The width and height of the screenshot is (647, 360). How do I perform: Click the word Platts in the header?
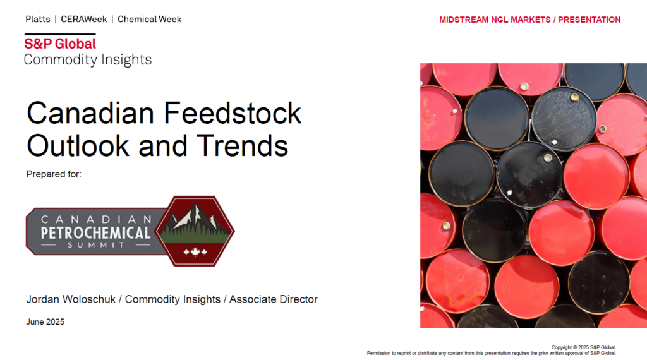[37, 20]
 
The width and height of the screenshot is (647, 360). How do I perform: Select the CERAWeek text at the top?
[84, 20]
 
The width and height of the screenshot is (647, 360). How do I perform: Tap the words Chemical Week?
[149, 20]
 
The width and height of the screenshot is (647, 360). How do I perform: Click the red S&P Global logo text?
[60, 44]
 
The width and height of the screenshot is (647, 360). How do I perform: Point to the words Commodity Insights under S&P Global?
[87, 60]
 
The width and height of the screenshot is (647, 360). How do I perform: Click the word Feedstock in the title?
[233, 113]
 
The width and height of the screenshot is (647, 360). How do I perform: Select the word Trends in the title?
[242, 145]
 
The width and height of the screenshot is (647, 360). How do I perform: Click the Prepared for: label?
[54, 174]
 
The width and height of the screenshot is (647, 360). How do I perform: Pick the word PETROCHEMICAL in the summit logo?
[96, 233]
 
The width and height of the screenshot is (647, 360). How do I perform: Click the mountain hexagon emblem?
[195, 231]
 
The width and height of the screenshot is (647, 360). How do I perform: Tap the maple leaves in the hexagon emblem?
[195, 251]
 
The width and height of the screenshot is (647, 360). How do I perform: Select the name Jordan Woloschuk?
[71, 299]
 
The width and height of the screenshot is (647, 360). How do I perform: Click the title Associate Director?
[274, 299]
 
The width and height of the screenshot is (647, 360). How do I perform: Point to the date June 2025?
[45, 321]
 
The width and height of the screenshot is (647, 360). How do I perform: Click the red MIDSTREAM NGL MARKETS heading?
[495, 20]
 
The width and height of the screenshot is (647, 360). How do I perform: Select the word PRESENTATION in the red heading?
[590, 20]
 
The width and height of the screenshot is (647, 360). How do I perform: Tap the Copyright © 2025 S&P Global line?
[583, 347]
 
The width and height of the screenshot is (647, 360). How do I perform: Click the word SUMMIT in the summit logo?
[96, 245]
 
